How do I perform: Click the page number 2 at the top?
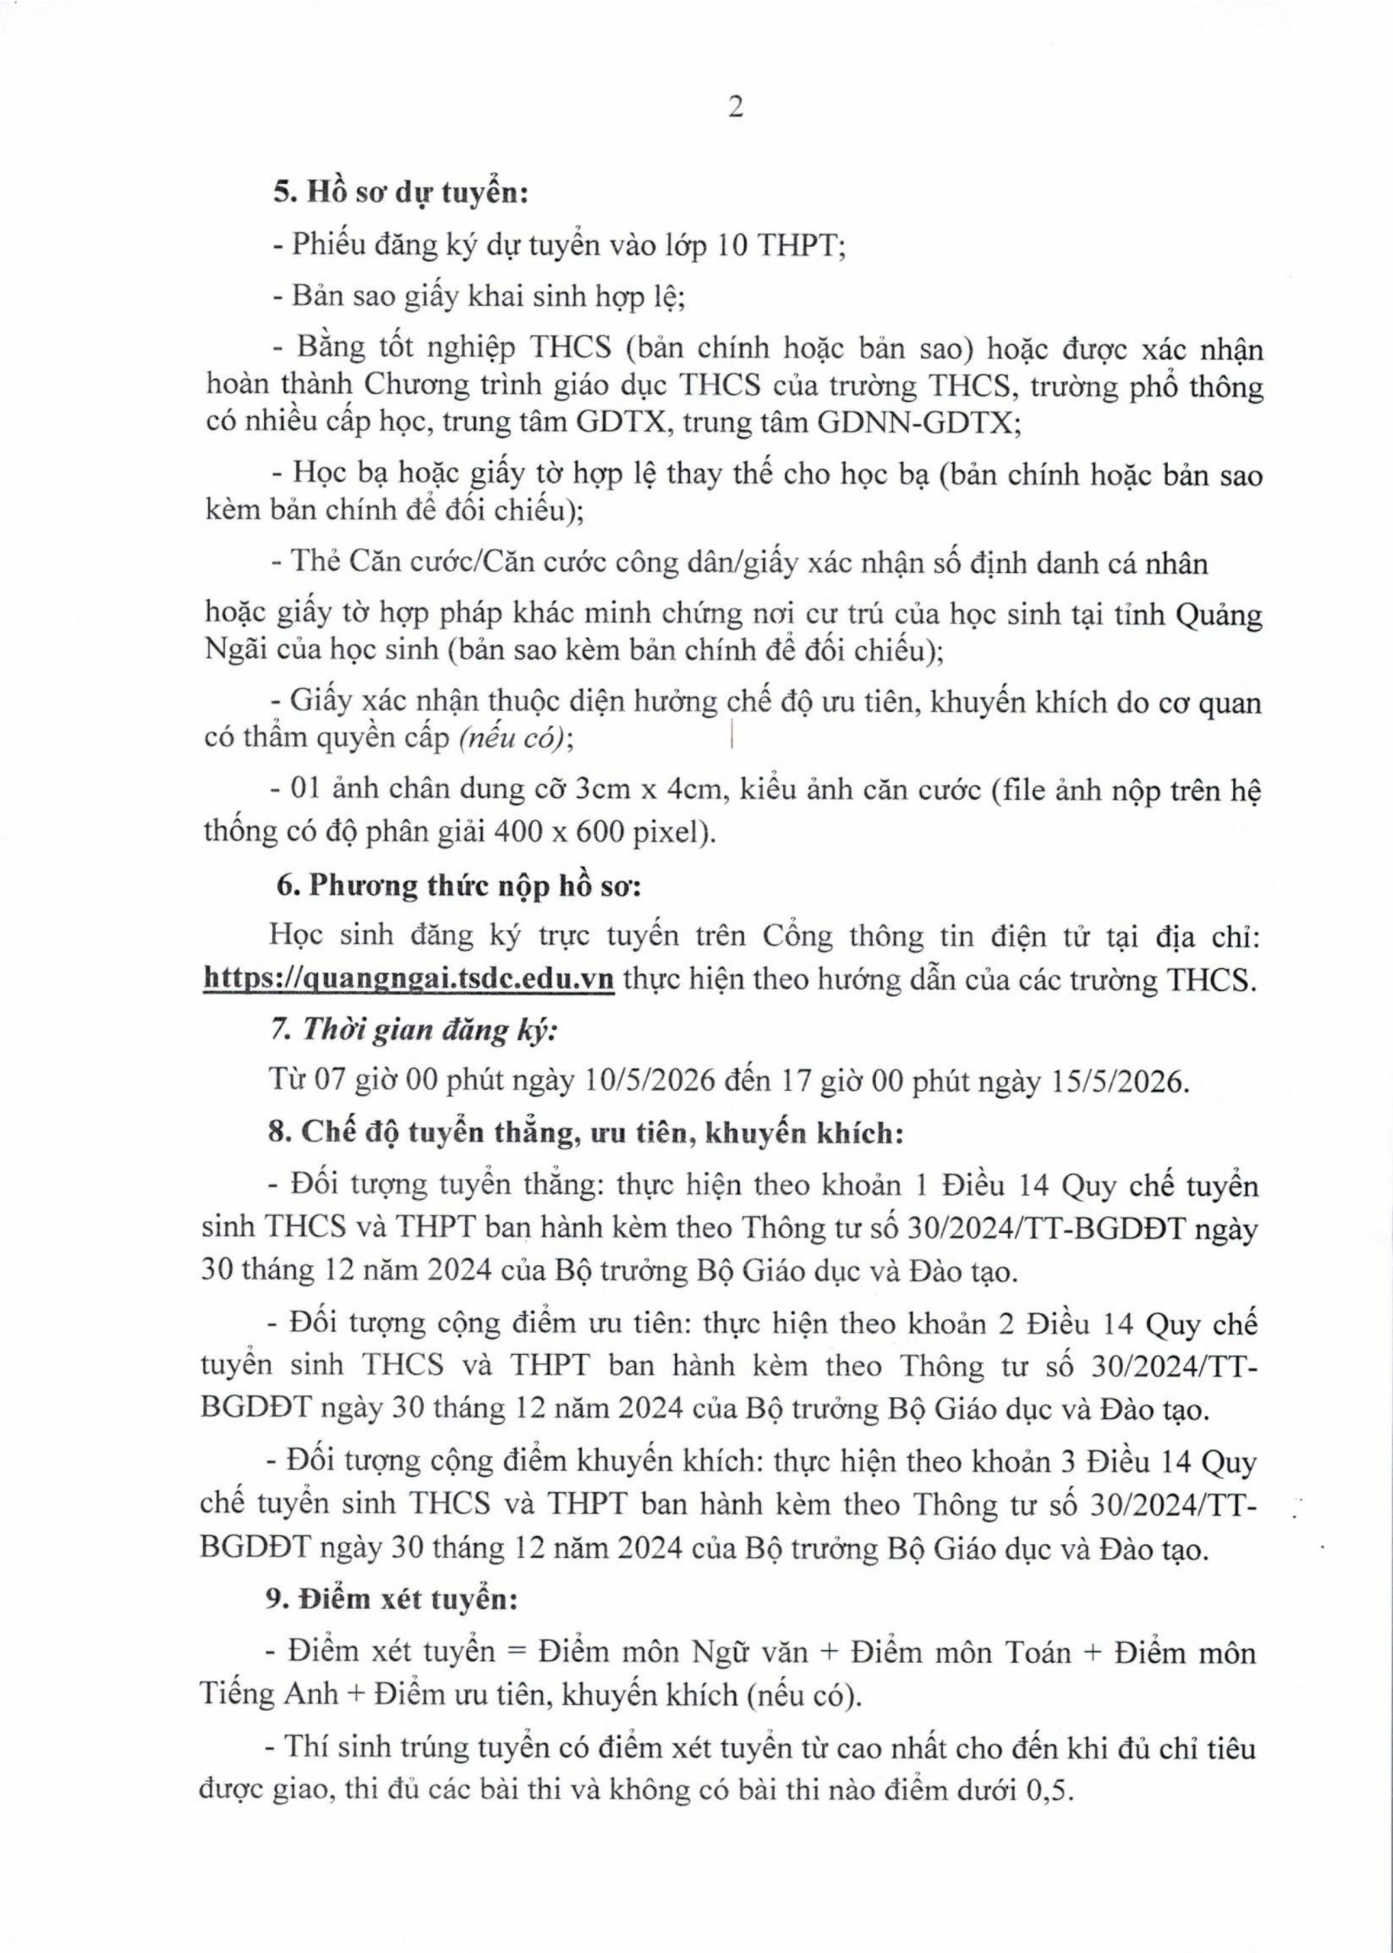(x=735, y=109)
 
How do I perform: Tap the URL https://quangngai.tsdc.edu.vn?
(x=409, y=979)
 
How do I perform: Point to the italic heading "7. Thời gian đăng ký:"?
(x=413, y=1030)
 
